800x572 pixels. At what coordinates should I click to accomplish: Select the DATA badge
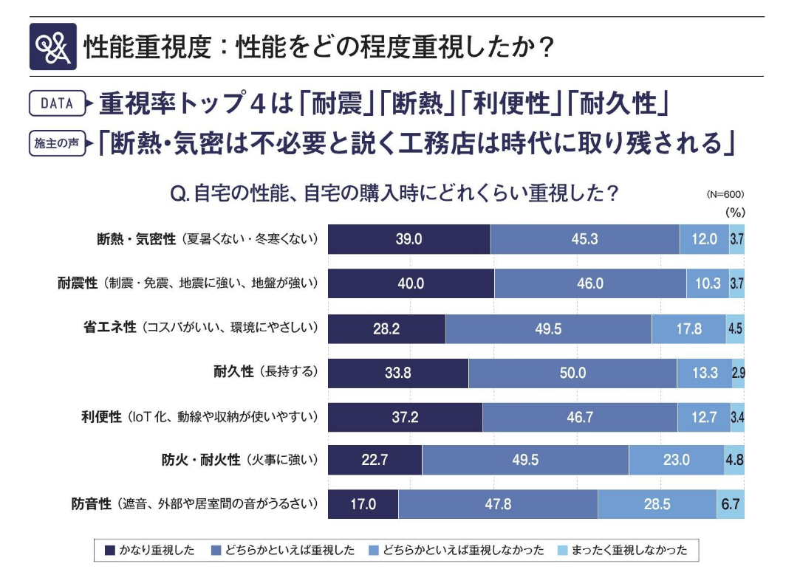[57, 103]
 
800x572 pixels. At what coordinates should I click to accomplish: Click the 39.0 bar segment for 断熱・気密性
[408, 239]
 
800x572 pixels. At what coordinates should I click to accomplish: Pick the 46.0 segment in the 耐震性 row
[589, 283]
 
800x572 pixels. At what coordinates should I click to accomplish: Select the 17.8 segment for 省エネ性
[688, 328]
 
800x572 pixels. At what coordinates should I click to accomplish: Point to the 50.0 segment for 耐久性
[572, 373]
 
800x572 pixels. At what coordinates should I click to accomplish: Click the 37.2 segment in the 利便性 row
[405, 417]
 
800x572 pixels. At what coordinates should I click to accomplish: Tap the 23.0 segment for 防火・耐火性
[676, 461]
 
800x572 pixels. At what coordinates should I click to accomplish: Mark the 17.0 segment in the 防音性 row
[363, 505]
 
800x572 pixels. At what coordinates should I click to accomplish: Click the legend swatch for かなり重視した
[110, 550]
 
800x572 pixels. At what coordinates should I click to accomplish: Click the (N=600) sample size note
[725, 195]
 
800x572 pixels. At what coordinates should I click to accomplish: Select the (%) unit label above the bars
[734, 212]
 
